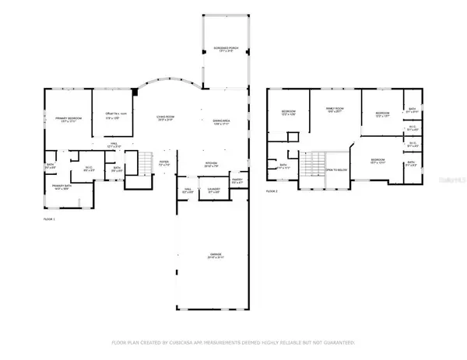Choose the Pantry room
point(237,180)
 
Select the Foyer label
point(164,165)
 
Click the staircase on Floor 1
point(142,164)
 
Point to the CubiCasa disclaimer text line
point(233,342)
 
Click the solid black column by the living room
point(136,93)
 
